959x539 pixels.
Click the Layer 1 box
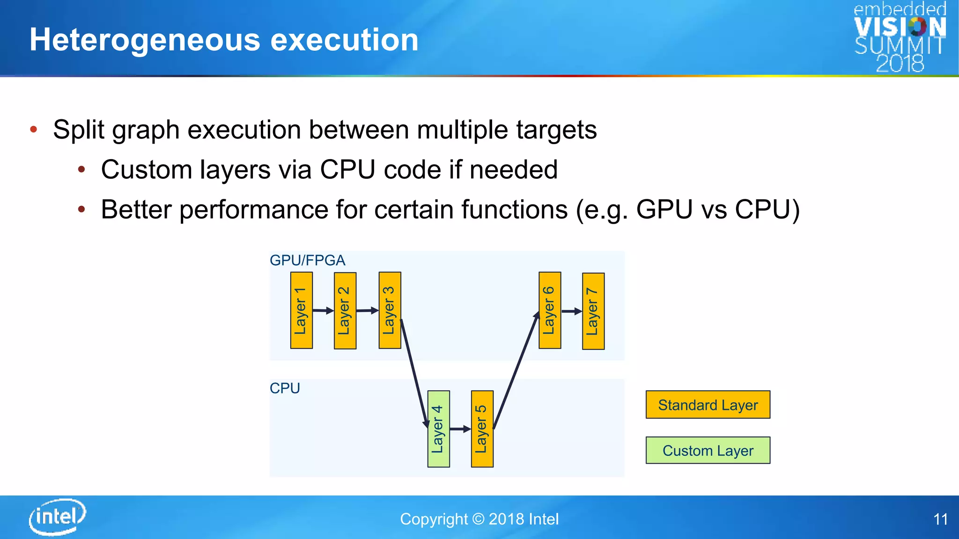coord(301,310)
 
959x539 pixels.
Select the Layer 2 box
coord(345,311)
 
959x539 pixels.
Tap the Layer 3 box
coord(390,310)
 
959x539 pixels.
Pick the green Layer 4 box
coord(438,429)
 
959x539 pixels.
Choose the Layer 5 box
coord(482,429)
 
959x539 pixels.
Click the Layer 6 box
coord(550,310)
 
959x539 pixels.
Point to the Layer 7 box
coord(593,311)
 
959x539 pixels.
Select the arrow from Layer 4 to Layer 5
coord(460,429)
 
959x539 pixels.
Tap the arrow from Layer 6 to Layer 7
coord(571,311)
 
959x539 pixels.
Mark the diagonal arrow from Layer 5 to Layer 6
coord(516,370)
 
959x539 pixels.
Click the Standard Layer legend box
coord(708,405)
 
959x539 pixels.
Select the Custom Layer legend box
coord(708,450)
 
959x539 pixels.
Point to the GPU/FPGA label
coord(307,260)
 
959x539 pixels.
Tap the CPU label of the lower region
coord(285,388)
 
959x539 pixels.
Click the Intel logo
coord(57,517)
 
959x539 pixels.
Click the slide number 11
coord(940,519)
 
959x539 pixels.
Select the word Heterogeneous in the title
coord(145,40)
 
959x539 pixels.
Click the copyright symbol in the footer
coord(478,519)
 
